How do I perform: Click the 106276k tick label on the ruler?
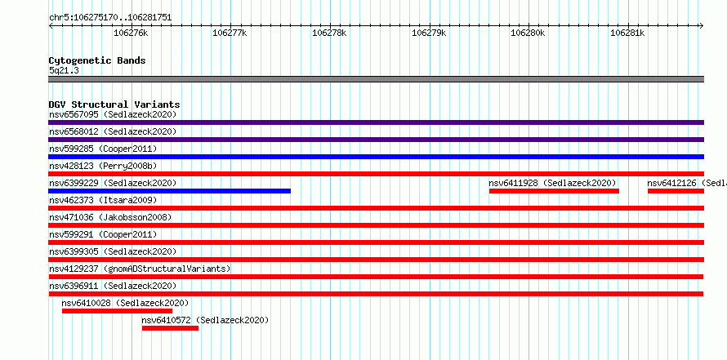click(x=131, y=33)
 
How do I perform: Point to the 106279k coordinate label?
click(x=429, y=33)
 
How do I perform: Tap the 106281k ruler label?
click(x=627, y=33)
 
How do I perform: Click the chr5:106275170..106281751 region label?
click(x=110, y=18)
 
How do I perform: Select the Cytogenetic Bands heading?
click(x=97, y=60)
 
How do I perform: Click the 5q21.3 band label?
click(x=64, y=70)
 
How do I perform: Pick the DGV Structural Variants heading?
click(x=114, y=104)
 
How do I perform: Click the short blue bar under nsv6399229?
click(x=170, y=191)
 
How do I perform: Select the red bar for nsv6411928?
click(x=554, y=191)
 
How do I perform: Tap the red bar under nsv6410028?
click(x=118, y=311)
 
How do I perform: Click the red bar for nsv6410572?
click(x=170, y=328)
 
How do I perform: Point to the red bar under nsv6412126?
click(x=676, y=191)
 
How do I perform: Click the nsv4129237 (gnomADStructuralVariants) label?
click(x=140, y=269)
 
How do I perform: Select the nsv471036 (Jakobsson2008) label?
click(x=110, y=217)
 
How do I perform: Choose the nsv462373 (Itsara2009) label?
click(x=103, y=200)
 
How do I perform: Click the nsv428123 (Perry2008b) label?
click(x=103, y=166)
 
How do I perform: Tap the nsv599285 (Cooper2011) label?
click(x=103, y=149)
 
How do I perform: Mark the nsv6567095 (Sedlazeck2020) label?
click(x=113, y=114)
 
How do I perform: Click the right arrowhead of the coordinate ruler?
click(x=702, y=25)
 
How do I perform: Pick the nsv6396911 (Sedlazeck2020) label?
click(x=113, y=286)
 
